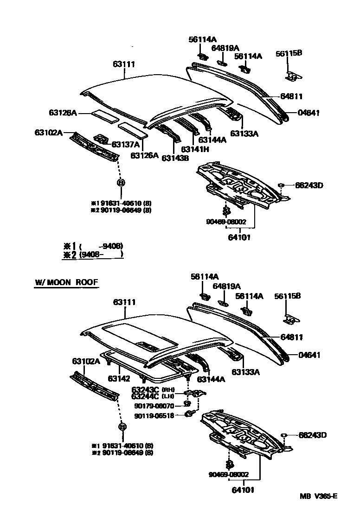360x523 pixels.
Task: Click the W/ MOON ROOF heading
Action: point(66,282)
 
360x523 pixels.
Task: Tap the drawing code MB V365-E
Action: point(318,497)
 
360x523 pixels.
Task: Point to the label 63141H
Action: point(195,149)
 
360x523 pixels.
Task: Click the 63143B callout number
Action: point(175,158)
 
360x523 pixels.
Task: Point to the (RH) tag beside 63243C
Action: point(168,389)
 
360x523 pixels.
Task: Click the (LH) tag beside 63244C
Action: point(168,396)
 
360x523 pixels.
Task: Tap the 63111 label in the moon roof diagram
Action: point(124,302)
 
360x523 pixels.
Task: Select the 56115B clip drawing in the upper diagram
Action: point(292,76)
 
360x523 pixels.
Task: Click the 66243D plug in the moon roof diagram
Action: point(284,435)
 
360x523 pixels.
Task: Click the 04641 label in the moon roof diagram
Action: point(309,355)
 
